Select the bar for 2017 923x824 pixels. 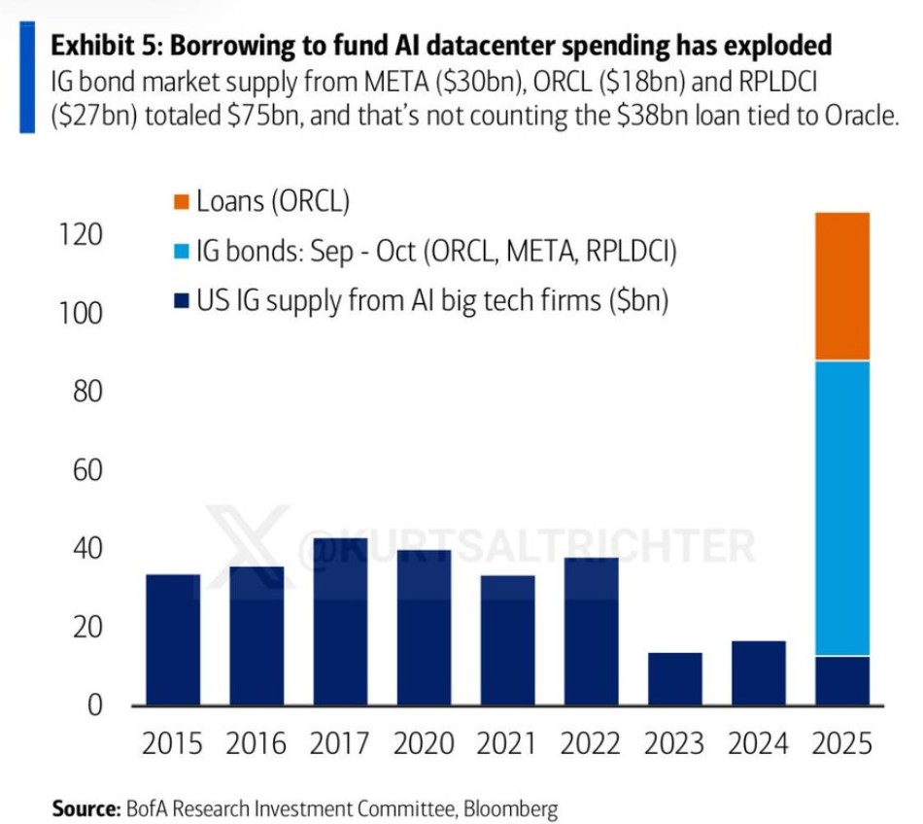point(340,622)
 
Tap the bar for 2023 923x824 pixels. point(674,678)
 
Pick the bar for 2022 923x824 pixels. point(591,632)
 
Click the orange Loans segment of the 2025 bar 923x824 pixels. point(841,287)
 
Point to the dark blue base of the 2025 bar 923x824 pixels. point(841,680)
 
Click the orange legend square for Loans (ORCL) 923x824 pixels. point(181,202)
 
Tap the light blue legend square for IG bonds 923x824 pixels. point(181,252)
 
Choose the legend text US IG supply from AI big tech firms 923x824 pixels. point(432,301)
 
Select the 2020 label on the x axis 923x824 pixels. point(424,744)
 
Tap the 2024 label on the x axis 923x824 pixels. point(758,744)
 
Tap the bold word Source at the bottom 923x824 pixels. point(85,807)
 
